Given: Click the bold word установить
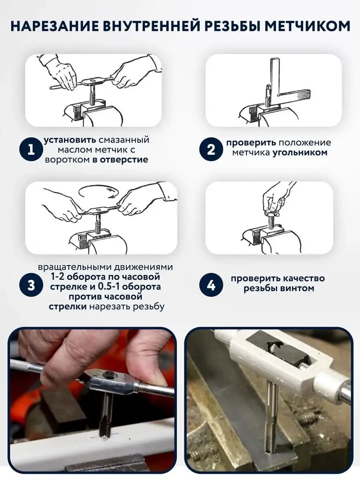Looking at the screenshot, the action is coord(70,140).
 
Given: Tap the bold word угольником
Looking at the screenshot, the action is coord(300,152).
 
